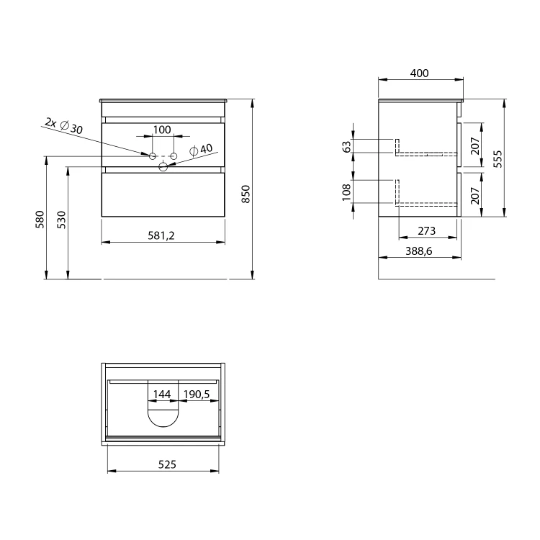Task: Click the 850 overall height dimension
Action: point(246,194)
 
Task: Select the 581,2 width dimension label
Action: point(161,235)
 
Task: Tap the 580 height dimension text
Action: point(40,219)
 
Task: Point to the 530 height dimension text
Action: point(61,220)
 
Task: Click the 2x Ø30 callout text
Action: point(63,126)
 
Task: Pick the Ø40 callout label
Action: point(201,150)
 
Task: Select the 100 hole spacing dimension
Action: point(162,130)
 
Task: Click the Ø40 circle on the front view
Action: point(163,167)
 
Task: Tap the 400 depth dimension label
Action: point(420,73)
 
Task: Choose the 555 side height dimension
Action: point(498,159)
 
